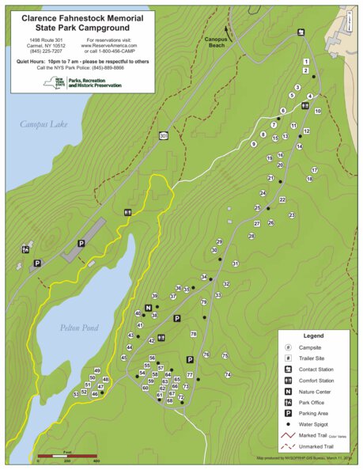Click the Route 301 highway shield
pyautogui.click(x=164, y=136)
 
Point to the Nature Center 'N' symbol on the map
pyautogui.click(x=148, y=307)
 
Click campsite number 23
pyautogui.click(x=291, y=215)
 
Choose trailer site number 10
pyautogui.click(x=318, y=112)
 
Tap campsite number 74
pyautogui.click(x=227, y=374)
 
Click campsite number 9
pyautogui.click(x=254, y=144)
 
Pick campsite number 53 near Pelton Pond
pyautogui.click(x=77, y=393)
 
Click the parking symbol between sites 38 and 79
pyautogui.click(x=177, y=318)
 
